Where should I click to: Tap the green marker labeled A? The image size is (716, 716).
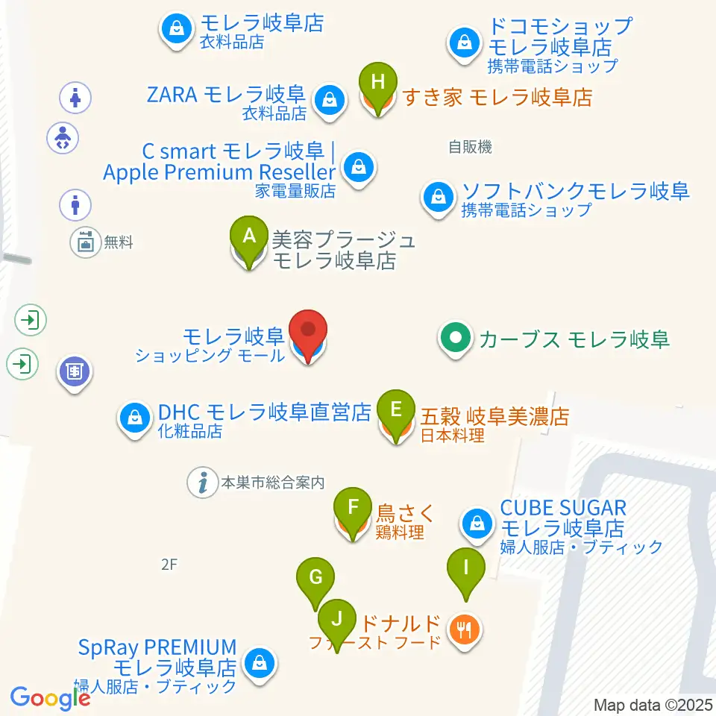pyautogui.click(x=250, y=236)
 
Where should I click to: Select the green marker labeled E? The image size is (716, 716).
pyautogui.click(x=396, y=409)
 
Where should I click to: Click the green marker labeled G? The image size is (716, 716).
pyautogui.click(x=315, y=577)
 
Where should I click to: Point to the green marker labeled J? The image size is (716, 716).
pyautogui.click(x=337, y=618)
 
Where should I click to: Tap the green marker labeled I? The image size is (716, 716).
pyautogui.click(x=466, y=567)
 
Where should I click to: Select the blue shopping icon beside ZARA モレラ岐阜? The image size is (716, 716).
pyautogui.click(x=328, y=98)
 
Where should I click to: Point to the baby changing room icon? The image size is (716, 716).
pyautogui.click(x=63, y=139)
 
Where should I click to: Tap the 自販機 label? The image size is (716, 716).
pyautogui.click(x=470, y=148)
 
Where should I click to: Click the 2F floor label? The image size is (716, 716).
pyautogui.click(x=169, y=565)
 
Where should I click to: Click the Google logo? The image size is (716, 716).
pyautogui.click(x=50, y=698)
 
